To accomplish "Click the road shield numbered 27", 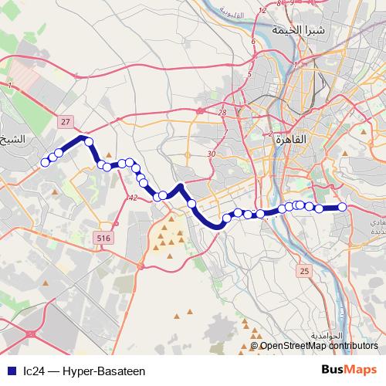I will pyautogui.click(x=66, y=122).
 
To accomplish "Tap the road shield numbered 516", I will pyautogui.click(x=103, y=239).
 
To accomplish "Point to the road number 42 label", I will pyautogui.click(x=132, y=198).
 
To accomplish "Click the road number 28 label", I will pyautogui.click(x=222, y=113).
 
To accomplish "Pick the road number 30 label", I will pyautogui.click(x=211, y=154).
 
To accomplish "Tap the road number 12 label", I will pyautogui.click(x=262, y=11).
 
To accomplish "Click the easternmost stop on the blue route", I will pyautogui.click(x=343, y=207).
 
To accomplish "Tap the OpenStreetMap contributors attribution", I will pyautogui.click(x=319, y=347).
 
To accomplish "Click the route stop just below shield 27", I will pyautogui.click(x=90, y=141).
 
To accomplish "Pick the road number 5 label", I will pyautogui.click(x=250, y=75).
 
